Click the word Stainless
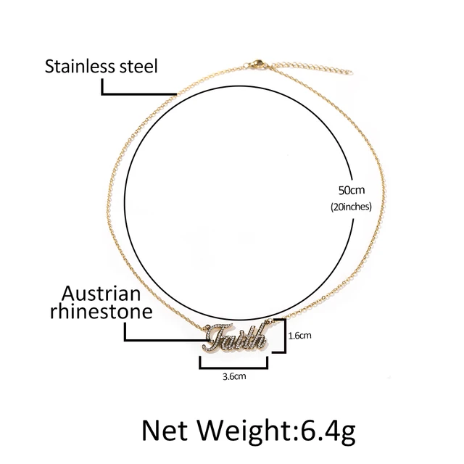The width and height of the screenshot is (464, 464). click(x=78, y=68)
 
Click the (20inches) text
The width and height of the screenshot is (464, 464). click(x=351, y=207)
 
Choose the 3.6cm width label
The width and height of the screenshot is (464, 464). click(x=233, y=377)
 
